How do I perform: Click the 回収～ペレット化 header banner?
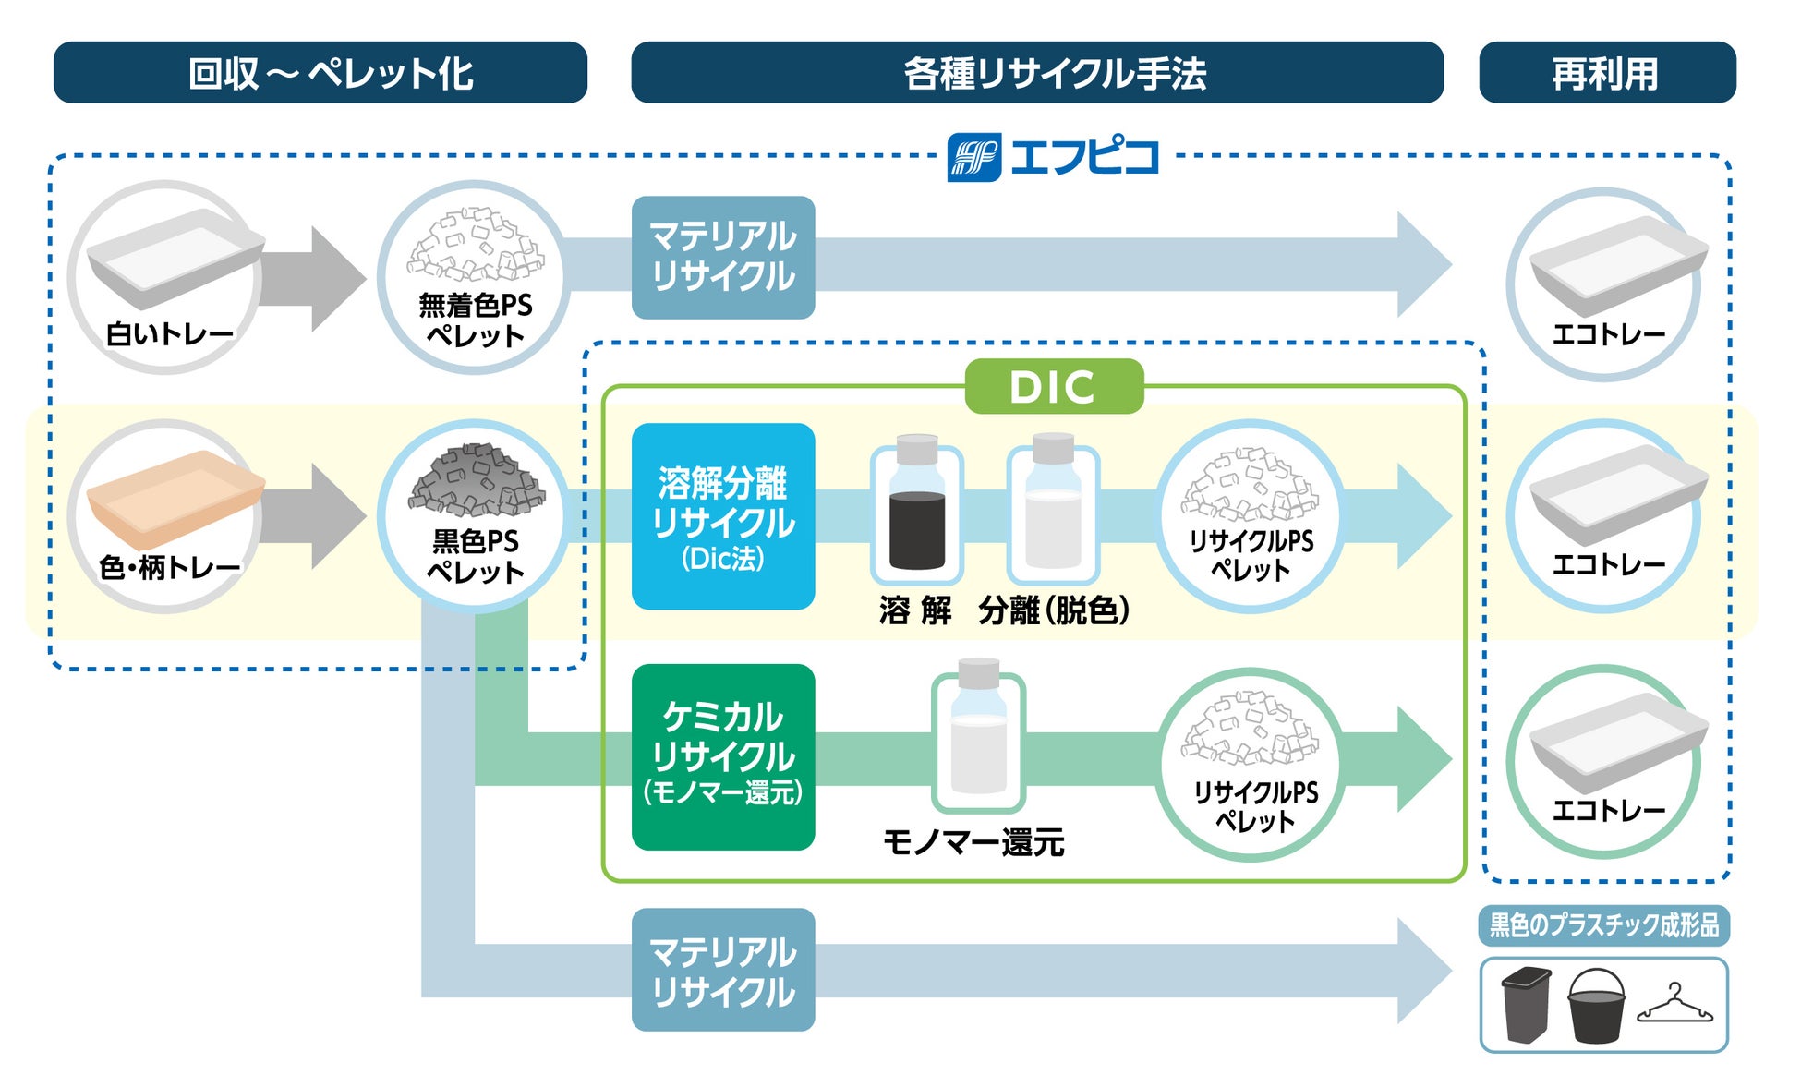(320, 72)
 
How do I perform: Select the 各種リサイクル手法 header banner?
(1036, 72)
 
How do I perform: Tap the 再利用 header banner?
(1606, 72)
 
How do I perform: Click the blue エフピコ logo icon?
(973, 157)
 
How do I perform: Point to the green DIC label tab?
(1053, 386)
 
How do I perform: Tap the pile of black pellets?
(476, 480)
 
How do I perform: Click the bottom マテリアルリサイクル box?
(723, 970)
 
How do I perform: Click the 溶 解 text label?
(914, 610)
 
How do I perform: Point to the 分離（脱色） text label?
(1053, 610)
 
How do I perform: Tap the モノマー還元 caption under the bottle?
(973, 842)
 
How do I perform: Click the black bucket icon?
(1596, 1005)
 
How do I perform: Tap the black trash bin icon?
(1526, 1005)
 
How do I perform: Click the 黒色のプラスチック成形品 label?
(1604, 925)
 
